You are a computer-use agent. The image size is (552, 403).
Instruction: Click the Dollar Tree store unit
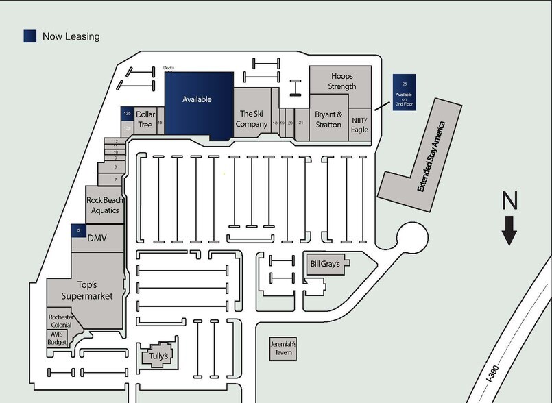point(144,119)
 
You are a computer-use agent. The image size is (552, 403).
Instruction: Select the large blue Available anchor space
point(197,101)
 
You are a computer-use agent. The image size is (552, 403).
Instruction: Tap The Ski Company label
point(252,119)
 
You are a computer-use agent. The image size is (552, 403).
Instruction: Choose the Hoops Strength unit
point(341,81)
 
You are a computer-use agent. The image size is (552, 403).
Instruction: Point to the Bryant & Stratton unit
point(328,121)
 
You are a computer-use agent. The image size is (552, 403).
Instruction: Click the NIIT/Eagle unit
point(359,124)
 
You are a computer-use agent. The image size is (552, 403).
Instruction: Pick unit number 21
point(301,123)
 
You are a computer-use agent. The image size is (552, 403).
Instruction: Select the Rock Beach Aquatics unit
point(104,205)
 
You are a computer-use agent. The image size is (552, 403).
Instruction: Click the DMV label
point(97,238)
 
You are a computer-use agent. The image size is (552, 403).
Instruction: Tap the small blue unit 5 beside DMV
point(78,231)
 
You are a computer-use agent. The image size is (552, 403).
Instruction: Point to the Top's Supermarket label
point(85,290)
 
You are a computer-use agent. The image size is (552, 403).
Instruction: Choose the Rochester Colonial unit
point(61,321)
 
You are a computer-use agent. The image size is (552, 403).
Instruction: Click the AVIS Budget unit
point(57,338)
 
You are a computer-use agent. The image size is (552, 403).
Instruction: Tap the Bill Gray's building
point(325,264)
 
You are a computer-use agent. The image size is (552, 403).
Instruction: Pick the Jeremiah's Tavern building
point(282,348)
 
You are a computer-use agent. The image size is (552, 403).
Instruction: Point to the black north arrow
point(509,230)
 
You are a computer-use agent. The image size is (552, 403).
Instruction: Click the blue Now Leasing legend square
point(30,36)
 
